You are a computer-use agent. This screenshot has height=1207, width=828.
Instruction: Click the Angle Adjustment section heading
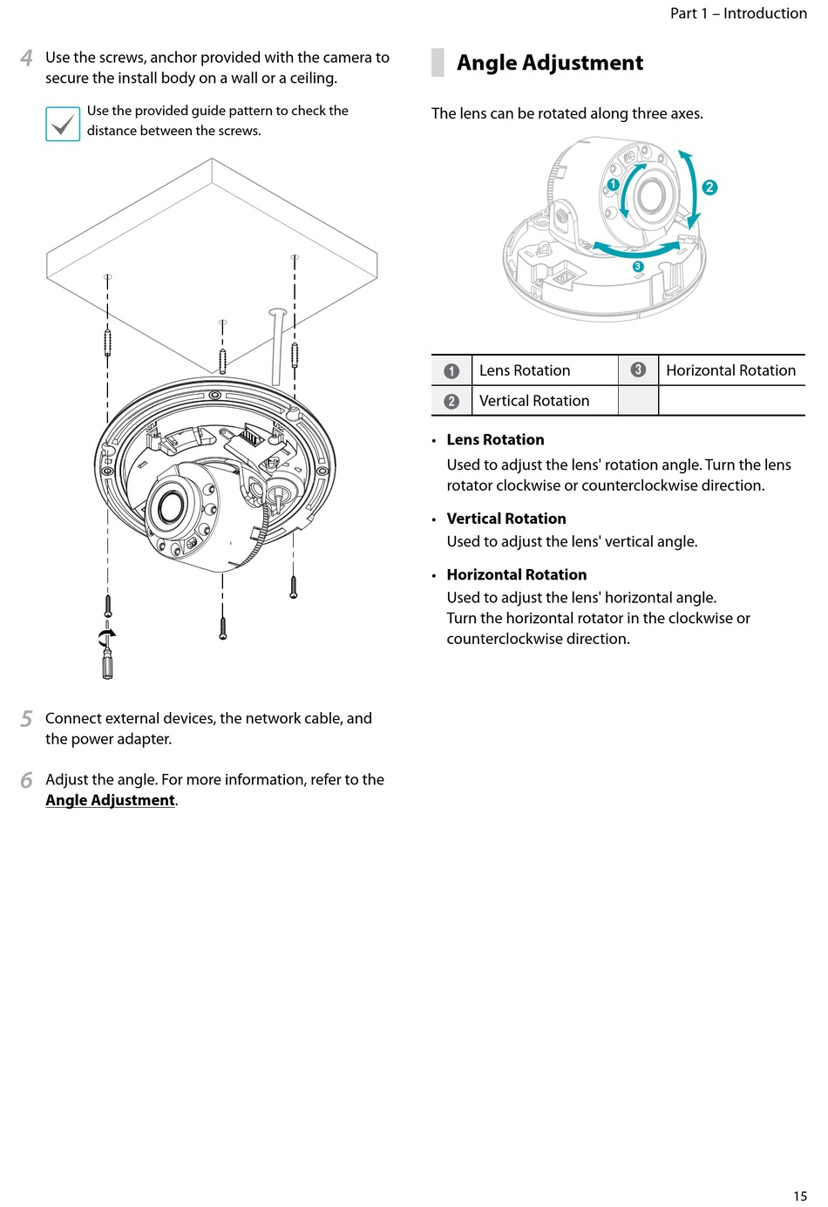pos(549,63)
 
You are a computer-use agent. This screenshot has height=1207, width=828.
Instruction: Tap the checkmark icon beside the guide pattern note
pos(63,124)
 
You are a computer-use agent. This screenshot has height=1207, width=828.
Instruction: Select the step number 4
pos(27,58)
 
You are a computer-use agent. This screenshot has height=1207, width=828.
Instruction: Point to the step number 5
pos(27,719)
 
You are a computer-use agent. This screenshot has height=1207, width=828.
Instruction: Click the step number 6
pos(27,780)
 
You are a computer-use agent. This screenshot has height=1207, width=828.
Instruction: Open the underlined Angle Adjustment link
pos(110,800)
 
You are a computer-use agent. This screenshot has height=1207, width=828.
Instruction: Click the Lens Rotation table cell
pos(525,370)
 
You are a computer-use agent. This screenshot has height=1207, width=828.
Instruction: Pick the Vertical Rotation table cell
pos(534,401)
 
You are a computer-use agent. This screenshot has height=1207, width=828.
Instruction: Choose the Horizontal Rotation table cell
pos(730,370)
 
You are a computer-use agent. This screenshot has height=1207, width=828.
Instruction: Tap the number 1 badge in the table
pos(451,370)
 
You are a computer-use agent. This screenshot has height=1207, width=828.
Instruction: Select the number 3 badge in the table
pos(638,370)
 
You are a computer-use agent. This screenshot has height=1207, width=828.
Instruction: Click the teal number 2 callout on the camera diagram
pos(709,186)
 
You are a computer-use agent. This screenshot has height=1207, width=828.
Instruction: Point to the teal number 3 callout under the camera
pos(638,267)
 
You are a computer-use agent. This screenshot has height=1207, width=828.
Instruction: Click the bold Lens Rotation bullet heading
pos(495,440)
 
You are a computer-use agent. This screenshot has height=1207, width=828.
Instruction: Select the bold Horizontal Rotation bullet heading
pos(516,575)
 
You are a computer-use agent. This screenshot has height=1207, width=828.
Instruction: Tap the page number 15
pos(800,1196)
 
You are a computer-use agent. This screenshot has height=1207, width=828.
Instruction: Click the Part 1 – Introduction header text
pos(738,13)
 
